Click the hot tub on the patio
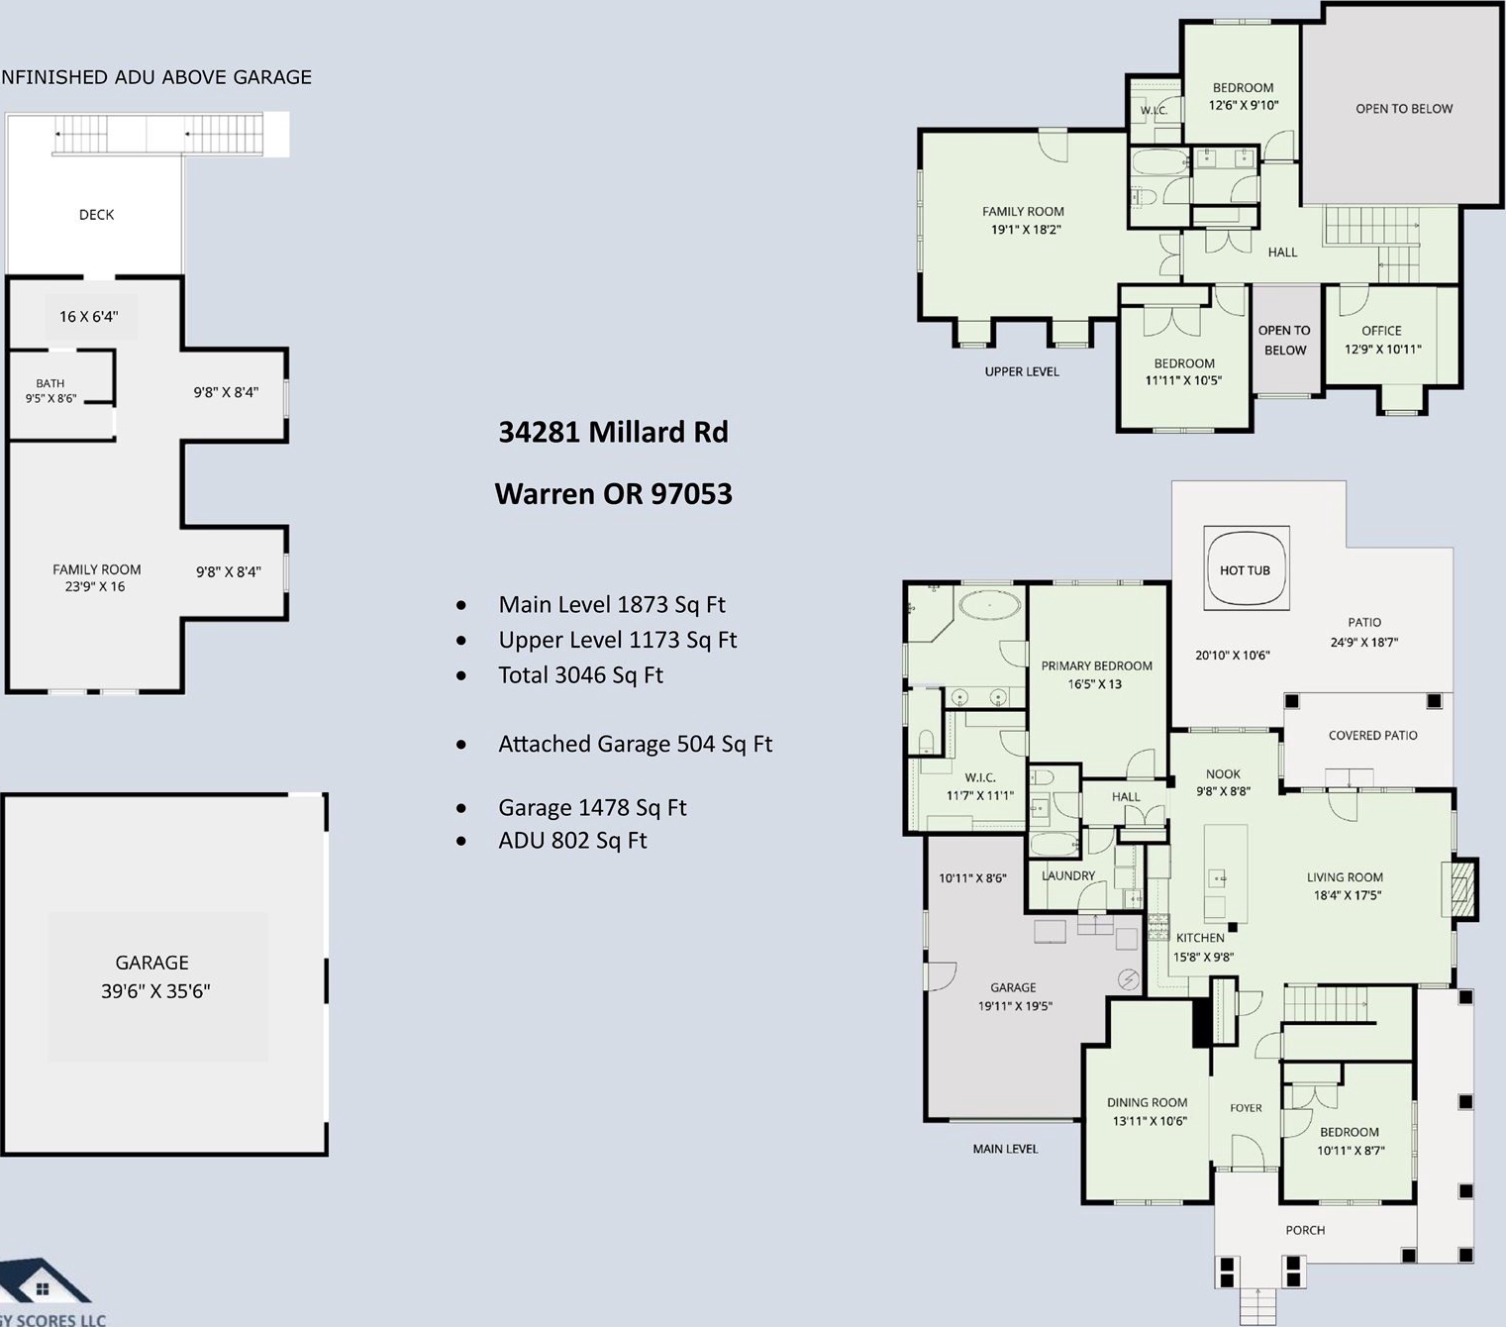[x=1246, y=568]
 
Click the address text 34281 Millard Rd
[x=613, y=432]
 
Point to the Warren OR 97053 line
[x=613, y=493]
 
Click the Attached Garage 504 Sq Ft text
[x=635, y=744]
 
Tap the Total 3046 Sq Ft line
[x=580, y=674]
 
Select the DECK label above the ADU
[x=97, y=215]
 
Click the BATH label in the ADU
[x=50, y=383]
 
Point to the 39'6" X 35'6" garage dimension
[x=155, y=991]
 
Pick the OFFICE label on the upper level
[x=1381, y=331]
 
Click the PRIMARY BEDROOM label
[x=1096, y=665]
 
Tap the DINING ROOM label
[x=1147, y=1102]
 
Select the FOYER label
[x=1246, y=1108]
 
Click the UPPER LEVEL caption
[x=1022, y=371]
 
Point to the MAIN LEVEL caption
[x=1005, y=1149]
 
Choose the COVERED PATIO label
[x=1373, y=735]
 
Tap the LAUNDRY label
[x=1068, y=875]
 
